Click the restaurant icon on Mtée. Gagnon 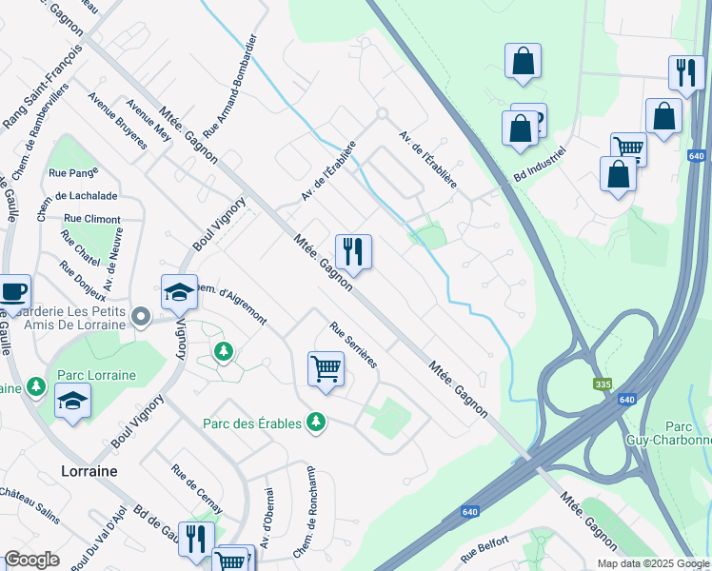[x=353, y=252]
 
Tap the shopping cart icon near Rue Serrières [x=326, y=367]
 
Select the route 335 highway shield [x=602, y=384]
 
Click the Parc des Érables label [x=252, y=423]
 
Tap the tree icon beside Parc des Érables [x=316, y=422]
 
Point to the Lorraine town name [x=89, y=471]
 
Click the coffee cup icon [x=12, y=291]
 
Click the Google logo [x=31, y=560]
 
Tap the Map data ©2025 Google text [x=653, y=563]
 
